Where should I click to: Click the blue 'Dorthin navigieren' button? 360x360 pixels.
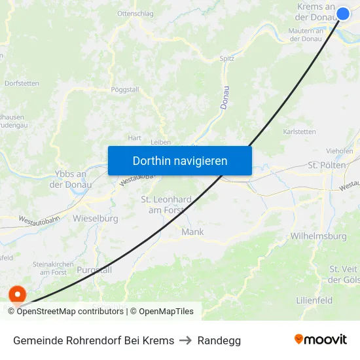point(179,160)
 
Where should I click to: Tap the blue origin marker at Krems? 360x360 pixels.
point(343,13)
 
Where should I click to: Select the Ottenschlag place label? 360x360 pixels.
point(135,13)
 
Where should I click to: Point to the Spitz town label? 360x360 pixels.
point(226,58)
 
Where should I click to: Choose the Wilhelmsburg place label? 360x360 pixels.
point(318,236)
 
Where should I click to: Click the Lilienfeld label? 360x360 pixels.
point(314,300)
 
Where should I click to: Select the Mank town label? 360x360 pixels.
point(192,232)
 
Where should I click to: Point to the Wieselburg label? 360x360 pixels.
point(96,218)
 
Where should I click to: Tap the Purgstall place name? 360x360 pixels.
point(94,270)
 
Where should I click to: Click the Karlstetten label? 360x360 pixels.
point(299,132)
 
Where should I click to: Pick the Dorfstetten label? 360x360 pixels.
point(22,84)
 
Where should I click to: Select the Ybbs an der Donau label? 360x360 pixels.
point(68,179)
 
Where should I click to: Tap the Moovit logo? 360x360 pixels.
point(320,340)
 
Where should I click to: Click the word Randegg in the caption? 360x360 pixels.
point(219,340)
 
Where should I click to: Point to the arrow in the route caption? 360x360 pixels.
point(186,340)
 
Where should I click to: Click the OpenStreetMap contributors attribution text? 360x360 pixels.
point(66,312)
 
